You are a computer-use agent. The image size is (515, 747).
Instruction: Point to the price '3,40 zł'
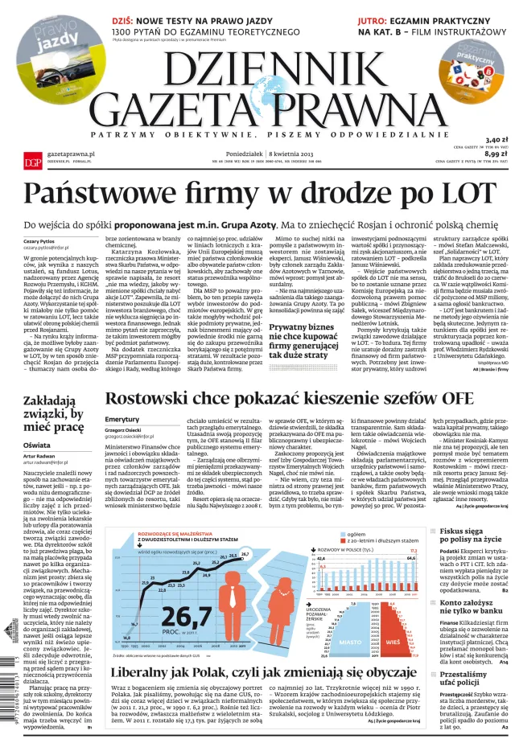pos(497,139)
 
